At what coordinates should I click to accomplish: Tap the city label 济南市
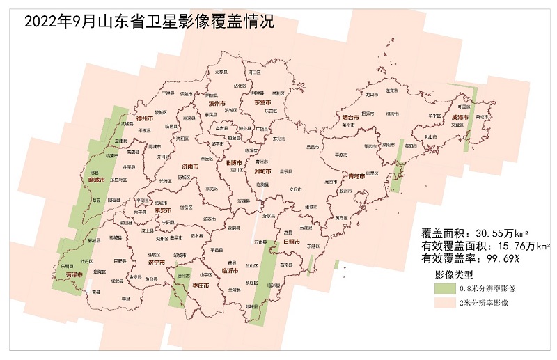189,166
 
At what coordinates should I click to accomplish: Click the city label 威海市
460,118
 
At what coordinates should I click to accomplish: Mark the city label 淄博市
233,162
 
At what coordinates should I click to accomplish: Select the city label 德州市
145,118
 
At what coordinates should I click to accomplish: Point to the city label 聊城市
96,180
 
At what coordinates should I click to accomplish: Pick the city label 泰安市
163,210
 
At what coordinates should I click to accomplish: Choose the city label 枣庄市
201,285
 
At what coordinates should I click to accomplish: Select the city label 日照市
291,242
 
